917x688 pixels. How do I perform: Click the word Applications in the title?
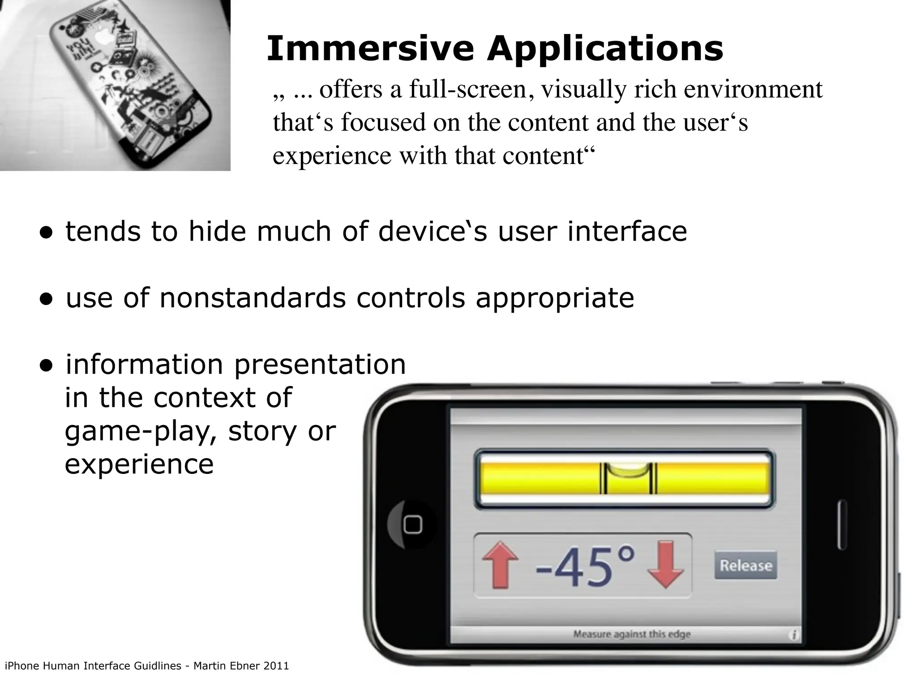tap(605, 49)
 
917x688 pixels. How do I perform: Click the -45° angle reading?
tap(584, 565)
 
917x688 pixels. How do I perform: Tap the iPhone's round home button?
tap(412, 525)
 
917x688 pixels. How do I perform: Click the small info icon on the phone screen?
tap(794, 635)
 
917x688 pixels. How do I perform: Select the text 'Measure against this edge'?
tap(632, 634)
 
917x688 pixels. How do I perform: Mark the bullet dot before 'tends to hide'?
tap(46, 233)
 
